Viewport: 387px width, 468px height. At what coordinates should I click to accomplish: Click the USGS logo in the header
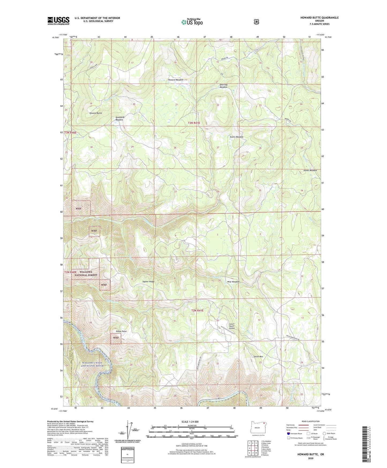58,21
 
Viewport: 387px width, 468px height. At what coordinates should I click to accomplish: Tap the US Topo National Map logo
191,22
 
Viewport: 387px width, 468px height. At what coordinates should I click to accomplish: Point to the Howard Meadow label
176,80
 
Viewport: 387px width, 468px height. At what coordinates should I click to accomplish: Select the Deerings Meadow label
223,86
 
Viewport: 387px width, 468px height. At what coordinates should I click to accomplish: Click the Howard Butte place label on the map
96,113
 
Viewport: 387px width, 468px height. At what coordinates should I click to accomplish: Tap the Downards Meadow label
120,118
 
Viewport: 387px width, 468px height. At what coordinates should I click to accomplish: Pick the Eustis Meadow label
236,137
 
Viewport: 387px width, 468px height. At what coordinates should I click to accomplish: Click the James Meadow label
310,170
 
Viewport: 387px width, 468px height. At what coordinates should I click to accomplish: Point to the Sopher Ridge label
148,282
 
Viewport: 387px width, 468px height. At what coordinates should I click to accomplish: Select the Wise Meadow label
233,282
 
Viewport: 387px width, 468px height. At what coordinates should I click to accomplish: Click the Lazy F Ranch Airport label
232,326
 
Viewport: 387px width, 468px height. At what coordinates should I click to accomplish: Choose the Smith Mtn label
258,356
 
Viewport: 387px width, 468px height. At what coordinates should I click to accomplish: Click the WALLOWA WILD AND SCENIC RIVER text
92,364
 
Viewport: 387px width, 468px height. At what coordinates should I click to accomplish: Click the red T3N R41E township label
194,123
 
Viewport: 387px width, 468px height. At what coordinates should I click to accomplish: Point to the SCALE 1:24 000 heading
190,422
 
